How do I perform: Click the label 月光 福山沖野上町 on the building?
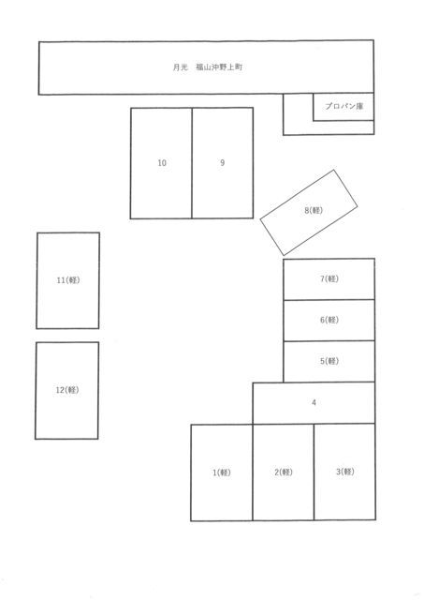click(x=208, y=67)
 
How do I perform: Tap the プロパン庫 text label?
click(x=344, y=106)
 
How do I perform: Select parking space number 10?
click(x=161, y=163)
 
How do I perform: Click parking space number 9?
click(x=223, y=163)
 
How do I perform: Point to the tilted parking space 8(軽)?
click(x=309, y=213)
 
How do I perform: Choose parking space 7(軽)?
click(x=329, y=279)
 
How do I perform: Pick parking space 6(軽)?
click(x=329, y=321)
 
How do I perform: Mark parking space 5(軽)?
click(x=329, y=361)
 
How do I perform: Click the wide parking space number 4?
click(x=314, y=403)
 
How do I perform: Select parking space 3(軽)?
click(x=344, y=472)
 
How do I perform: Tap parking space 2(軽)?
click(x=283, y=472)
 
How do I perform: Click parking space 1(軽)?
click(x=222, y=472)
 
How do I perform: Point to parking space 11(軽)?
click(x=68, y=280)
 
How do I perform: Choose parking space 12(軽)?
click(x=66, y=390)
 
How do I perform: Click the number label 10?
click(x=162, y=163)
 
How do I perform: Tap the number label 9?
click(x=223, y=163)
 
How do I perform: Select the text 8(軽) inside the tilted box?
click(x=314, y=210)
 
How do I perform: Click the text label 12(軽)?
click(x=67, y=390)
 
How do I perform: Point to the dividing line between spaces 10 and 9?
click(x=192, y=163)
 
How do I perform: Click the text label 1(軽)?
click(x=222, y=472)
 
